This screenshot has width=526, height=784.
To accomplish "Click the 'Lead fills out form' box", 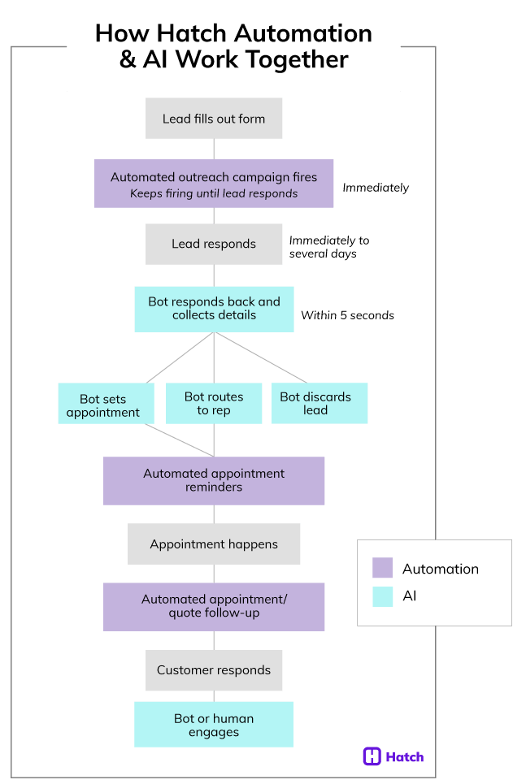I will point(214,119).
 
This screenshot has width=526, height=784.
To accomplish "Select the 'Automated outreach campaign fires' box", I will point(214,184).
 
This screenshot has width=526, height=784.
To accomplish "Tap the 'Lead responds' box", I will point(214,244).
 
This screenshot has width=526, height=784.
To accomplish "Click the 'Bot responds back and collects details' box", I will point(214,309).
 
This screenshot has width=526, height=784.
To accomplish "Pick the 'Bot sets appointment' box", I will point(106,404).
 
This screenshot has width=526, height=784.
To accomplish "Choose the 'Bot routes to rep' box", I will point(214,404).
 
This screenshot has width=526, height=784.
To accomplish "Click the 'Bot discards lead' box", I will point(319,404).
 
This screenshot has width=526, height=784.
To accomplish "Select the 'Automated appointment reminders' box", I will point(214,480).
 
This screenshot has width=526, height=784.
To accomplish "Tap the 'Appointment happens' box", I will point(214,544).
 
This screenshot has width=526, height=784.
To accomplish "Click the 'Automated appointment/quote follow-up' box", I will point(214,606).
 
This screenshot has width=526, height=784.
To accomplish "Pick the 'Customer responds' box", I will point(214,670).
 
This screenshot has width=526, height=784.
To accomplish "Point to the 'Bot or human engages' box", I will point(214,725).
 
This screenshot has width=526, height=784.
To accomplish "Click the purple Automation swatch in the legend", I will point(382,568).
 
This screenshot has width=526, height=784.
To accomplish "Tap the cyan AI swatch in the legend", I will point(382,596).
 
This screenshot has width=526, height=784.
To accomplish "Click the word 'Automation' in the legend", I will point(440,569).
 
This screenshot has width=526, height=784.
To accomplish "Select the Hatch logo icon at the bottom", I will point(372,756).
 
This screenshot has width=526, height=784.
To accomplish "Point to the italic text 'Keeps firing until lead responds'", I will point(214,193).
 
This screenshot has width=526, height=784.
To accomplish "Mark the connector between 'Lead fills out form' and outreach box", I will point(214,149).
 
